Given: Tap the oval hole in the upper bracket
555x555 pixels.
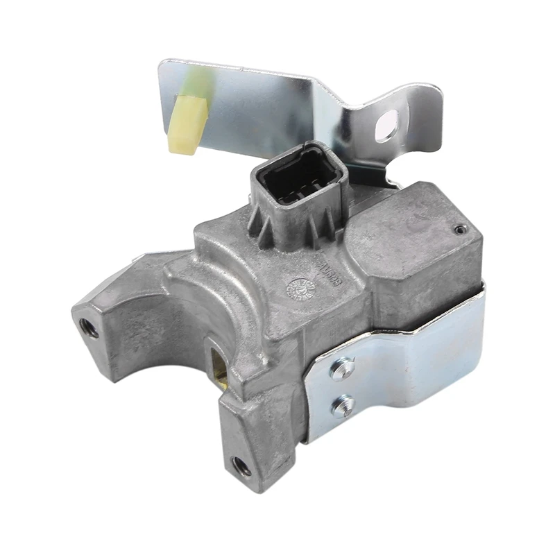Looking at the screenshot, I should click(386, 125).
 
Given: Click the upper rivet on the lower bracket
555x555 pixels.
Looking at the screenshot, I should click(341, 368).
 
